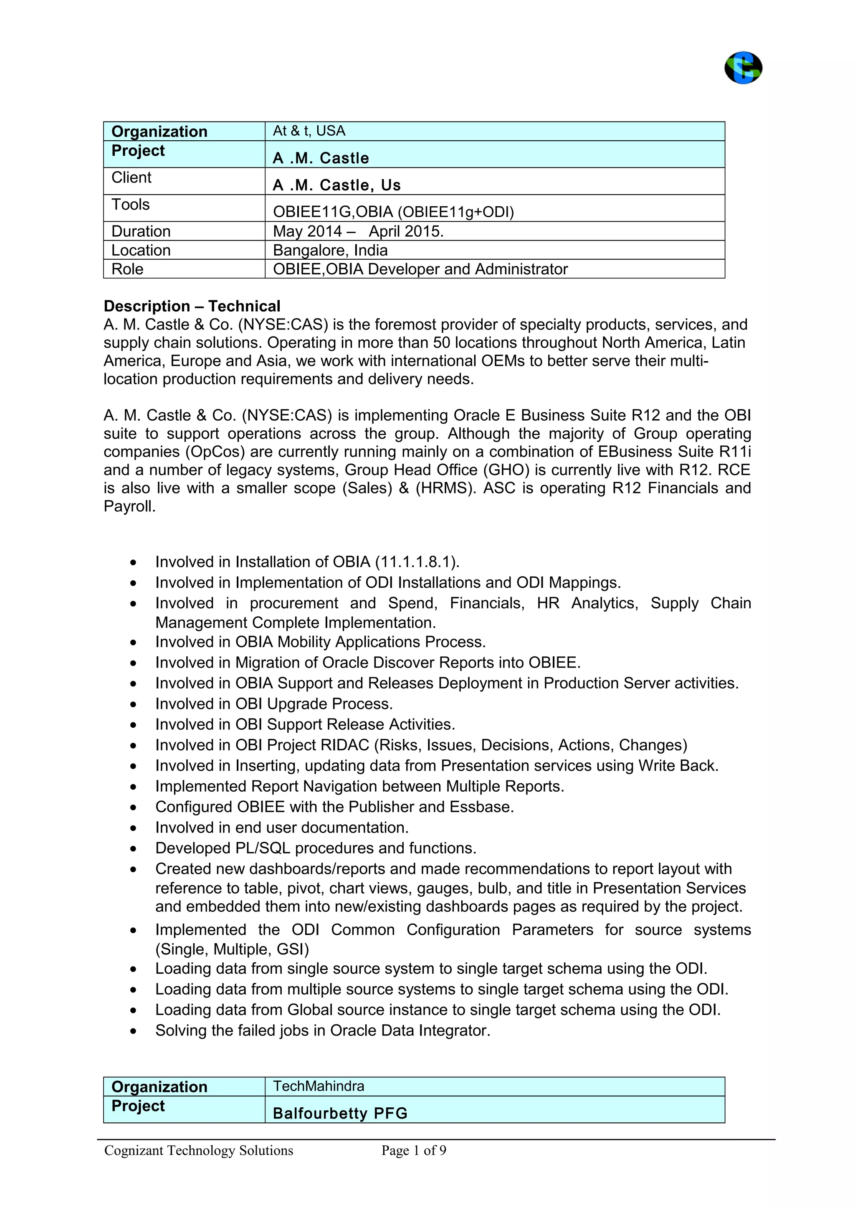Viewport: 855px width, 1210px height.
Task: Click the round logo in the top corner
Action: click(x=743, y=68)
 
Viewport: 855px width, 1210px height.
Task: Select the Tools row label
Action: click(x=131, y=205)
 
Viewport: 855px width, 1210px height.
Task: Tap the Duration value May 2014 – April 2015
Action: click(x=358, y=231)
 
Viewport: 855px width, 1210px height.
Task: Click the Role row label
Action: click(x=127, y=269)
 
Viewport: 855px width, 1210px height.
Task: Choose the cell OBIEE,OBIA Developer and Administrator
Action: click(x=420, y=269)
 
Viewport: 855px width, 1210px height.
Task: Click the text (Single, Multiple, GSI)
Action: click(x=232, y=949)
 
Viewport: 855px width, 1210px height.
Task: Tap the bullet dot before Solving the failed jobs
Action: click(x=134, y=1031)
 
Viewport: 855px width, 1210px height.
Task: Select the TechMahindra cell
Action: click(x=318, y=1086)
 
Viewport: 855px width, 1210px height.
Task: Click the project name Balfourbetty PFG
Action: click(x=340, y=1113)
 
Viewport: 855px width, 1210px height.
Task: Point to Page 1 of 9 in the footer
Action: click(x=414, y=1150)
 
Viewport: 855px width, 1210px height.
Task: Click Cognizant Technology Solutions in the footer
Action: click(x=199, y=1150)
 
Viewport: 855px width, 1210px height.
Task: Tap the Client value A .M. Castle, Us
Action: click(x=336, y=185)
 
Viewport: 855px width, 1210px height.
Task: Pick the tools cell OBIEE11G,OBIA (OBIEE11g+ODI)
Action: click(x=393, y=212)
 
